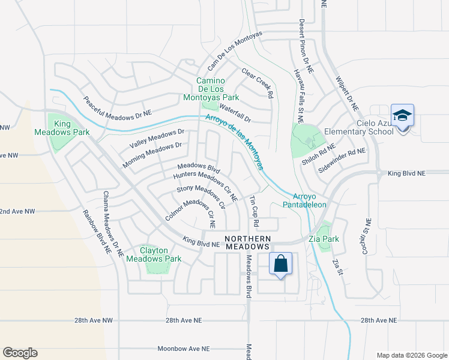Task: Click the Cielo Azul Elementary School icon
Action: (x=402, y=116)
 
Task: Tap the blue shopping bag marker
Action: (x=280, y=264)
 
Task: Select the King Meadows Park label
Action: (x=71, y=128)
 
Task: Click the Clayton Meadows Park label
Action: (x=160, y=254)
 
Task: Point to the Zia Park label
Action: (x=328, y=239)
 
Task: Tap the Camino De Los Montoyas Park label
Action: (x=217, y=89)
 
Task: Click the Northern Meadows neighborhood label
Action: (x=248, y=243)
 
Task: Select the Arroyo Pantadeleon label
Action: (x=309, y=200)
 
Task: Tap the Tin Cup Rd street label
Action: (x=255, y=211)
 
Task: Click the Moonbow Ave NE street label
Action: (x=184, y=349)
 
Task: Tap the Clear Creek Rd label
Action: (x=258, y=83)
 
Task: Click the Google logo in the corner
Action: (x=20, y=353)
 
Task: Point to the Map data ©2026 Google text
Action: (x=411, y=355)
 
